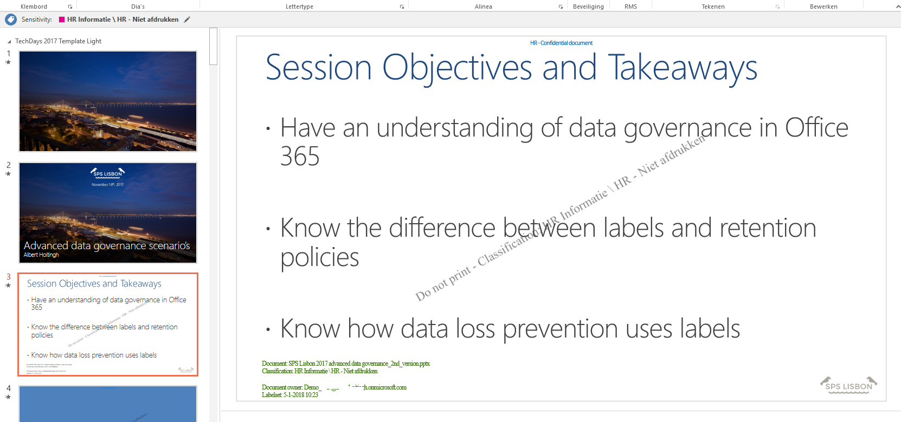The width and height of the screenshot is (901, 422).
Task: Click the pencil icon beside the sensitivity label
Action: (187, 20)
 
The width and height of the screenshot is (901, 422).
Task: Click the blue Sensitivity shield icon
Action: (11, 20)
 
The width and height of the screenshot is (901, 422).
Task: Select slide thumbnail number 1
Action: (108, 101)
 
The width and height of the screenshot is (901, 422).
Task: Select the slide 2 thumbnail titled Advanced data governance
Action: (108, 213)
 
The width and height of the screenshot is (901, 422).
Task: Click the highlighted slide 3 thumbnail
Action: (108, 324)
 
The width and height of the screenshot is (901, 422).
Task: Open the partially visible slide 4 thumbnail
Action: (108, 404)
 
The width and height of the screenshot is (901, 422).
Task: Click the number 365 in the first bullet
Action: (300, 157)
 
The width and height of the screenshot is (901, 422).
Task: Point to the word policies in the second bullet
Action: (319, 257)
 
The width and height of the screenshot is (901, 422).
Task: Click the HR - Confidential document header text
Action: (561, 43)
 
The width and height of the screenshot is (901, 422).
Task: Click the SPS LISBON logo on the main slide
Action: (848, 385)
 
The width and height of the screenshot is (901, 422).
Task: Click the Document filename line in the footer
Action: (346, 363)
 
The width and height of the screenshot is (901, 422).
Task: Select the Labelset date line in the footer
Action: (290, 395)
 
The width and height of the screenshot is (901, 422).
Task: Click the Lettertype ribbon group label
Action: (299, 7)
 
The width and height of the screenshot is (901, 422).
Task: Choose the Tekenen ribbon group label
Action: (713, 7)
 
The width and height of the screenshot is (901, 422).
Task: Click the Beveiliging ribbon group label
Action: (588, 7)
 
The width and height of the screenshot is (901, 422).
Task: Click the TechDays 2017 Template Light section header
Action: (58, 41)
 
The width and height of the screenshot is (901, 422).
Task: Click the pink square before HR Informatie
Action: (62, 20)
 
